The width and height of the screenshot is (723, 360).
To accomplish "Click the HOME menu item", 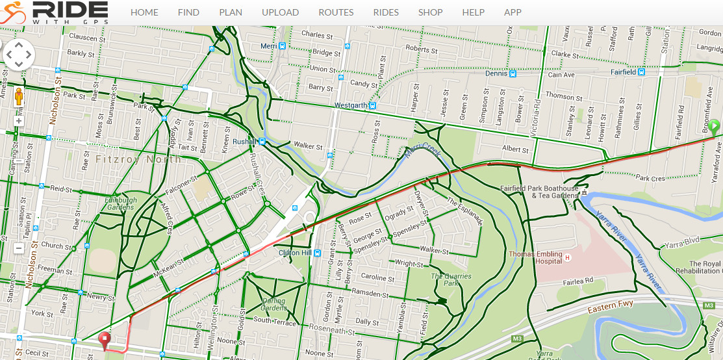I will point(144,12).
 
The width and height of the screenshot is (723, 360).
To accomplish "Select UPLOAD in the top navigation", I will point(280,12).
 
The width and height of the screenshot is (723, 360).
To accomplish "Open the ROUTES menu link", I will point(336,12).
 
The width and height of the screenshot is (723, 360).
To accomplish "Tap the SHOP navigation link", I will point(430,12).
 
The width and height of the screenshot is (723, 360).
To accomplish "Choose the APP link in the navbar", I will point(513,12).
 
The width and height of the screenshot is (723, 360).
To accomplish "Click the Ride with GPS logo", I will point(55,12).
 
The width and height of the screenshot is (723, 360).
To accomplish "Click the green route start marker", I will point(714,127).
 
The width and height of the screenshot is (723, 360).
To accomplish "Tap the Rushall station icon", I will point(262,141).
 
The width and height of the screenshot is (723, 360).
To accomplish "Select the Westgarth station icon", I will point(373,105).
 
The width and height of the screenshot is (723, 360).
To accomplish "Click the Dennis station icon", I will point(513,73).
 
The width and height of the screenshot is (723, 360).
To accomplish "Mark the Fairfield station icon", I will point(642,73).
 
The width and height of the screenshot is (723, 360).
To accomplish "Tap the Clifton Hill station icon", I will point(316,253).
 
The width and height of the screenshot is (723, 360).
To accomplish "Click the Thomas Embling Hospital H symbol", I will point(567,258).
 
